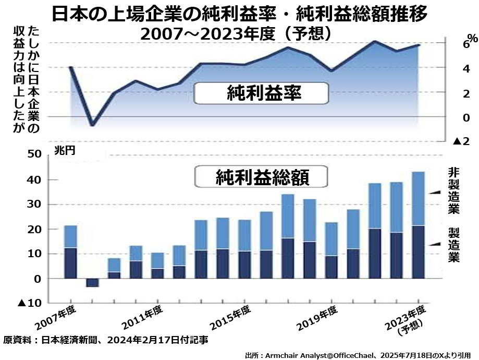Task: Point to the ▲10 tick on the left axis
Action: pos(30,303)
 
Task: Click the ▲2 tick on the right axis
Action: pos(463,141)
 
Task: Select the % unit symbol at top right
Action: pos(471,38)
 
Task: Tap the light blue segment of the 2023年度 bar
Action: pos(419,198)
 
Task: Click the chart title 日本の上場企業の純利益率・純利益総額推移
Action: pos(240,14)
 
